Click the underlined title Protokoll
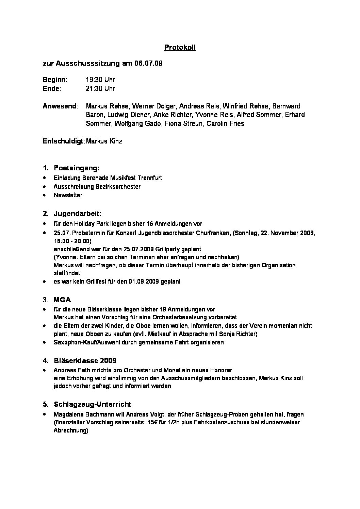pyautogui.click(x=180, y=48)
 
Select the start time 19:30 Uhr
pyautogui.click(x=100, y=80)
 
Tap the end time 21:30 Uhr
pyautogui.click(x=100, y=89)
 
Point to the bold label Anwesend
pyautogui.click(x=60, y=106)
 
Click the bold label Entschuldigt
pyautogui.click(x=64, y=141)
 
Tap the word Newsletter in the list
pyautogui.click(x=68, y=195)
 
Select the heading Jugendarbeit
pyautogui.click(x=78, y=214)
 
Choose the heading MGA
pyautogui.click(x=62, y=300)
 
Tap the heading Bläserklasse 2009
pyautogui.click(x=85, y=360)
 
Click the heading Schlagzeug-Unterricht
pyautogui.click(x=92, y=404)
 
